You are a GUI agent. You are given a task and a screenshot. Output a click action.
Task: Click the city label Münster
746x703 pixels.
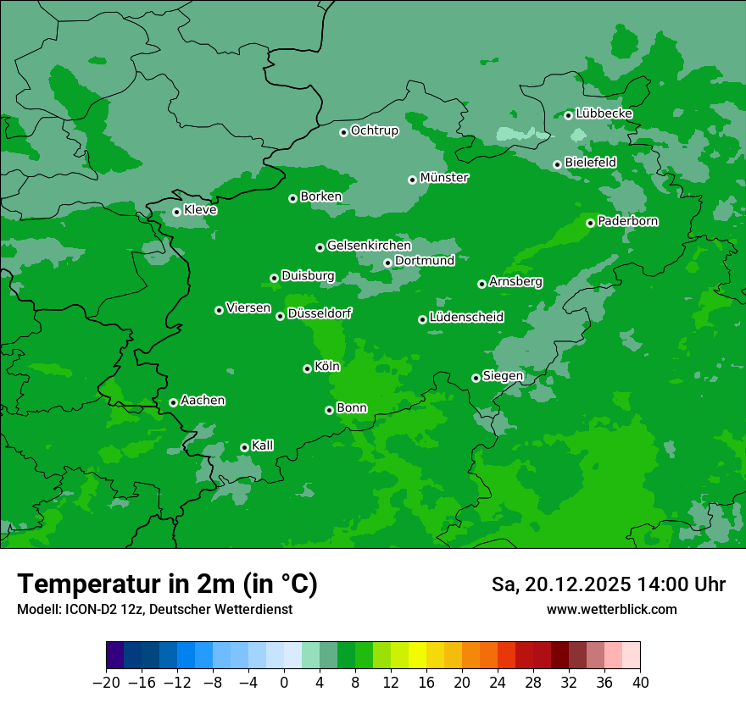pyautogui.click(x=444, y=178)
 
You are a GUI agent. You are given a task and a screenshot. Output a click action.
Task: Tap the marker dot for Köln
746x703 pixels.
pyautogui.click(x=307, y=368)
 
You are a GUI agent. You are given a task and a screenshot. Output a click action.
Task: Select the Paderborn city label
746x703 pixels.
pyautogui.click(x=628, y=221)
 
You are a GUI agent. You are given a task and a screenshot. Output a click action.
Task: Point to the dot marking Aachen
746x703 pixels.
pyautogui.click(x=173, y=402)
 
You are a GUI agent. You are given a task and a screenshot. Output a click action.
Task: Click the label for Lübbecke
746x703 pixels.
pyautogui.click(x=604, y=113)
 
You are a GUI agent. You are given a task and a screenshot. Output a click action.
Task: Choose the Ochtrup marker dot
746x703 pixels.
pyautogui.click(x=343, y=132)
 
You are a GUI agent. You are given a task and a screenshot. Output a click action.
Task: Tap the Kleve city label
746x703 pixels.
pyautogui.click(x=201, y=210)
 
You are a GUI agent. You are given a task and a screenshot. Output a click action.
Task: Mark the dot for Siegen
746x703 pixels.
pyautogui.click(x=476, y=378)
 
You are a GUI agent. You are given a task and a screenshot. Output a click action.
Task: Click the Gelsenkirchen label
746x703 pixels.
pyautogui.click(x=369, y=246)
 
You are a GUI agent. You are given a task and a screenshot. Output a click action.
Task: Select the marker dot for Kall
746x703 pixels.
pyautogui.click(x=244, y=447)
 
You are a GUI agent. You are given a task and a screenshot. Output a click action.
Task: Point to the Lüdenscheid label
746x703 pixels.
pyautogui.click(x=467, y=318)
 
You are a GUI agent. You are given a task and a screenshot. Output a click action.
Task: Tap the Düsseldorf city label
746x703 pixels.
pyautogui.click(x=320, y=314)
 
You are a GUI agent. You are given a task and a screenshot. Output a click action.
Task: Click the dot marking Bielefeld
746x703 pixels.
pyautogui.click(x=557, y=164)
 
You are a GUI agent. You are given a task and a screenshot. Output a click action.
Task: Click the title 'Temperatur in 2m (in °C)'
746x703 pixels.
pyautogui.click(x=167, y=584)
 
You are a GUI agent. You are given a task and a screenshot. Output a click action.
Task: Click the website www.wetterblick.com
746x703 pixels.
pyautogui.click(x=611, y=610)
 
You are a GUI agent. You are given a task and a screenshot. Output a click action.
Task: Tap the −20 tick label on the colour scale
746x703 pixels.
pyautogui.click(x=106, y=682)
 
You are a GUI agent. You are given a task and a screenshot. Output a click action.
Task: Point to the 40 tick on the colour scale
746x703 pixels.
pyautogui.click(x=640, y=682)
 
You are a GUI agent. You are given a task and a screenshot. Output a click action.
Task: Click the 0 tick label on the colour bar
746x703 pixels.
pyautogui.click(x=284, y=682)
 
